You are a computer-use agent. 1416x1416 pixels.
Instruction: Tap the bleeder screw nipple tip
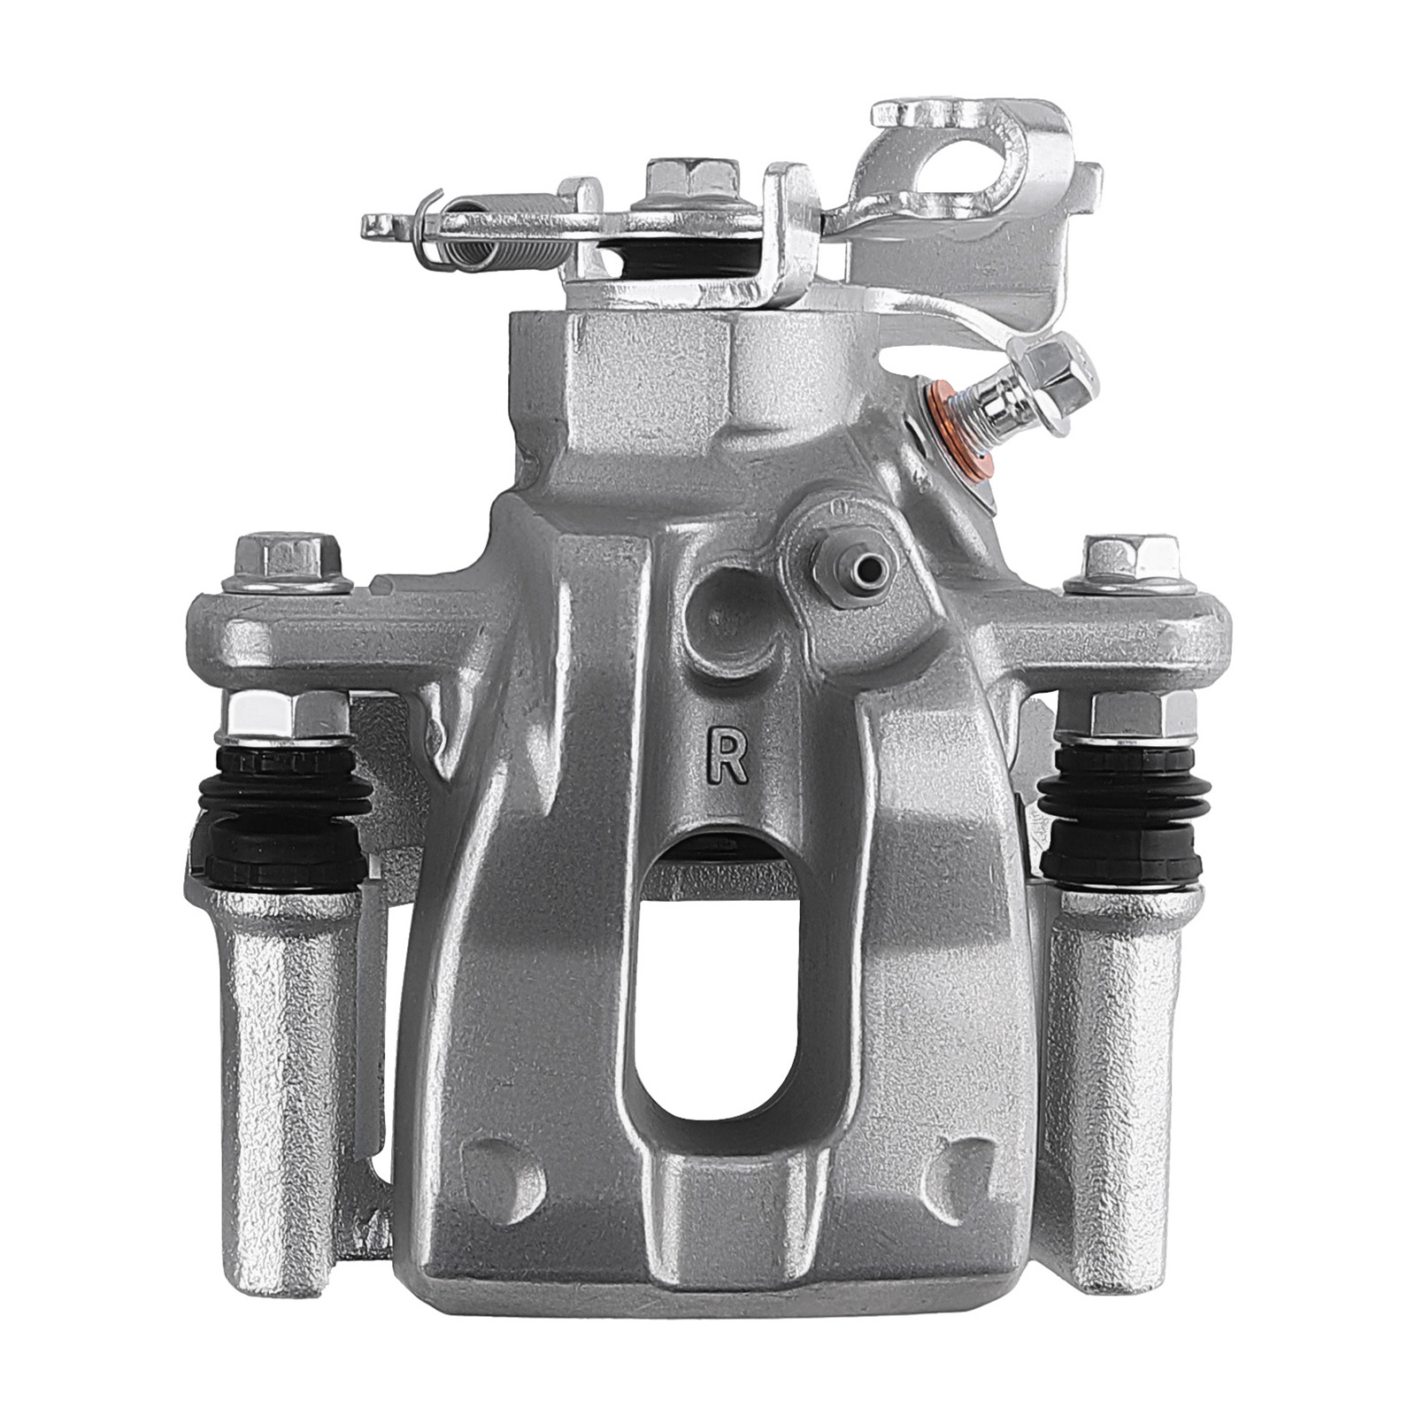pos(877,566)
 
